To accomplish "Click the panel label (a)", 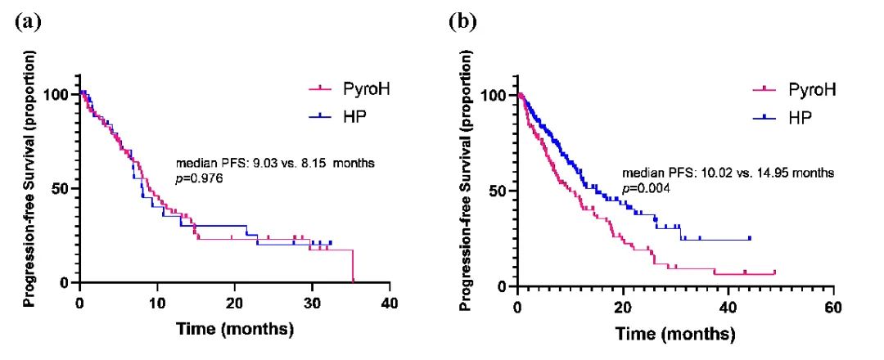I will tap(28, 22).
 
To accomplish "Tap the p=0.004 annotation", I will tap(647, 188).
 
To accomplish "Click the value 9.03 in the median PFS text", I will tap(261, 163).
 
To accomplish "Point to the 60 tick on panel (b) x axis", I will tap(833, 305).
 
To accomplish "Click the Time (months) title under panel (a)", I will tap(233, 330).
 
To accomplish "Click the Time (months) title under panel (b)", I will tap(675, 335).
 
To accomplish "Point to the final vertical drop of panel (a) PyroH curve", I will tap(353, 266).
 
